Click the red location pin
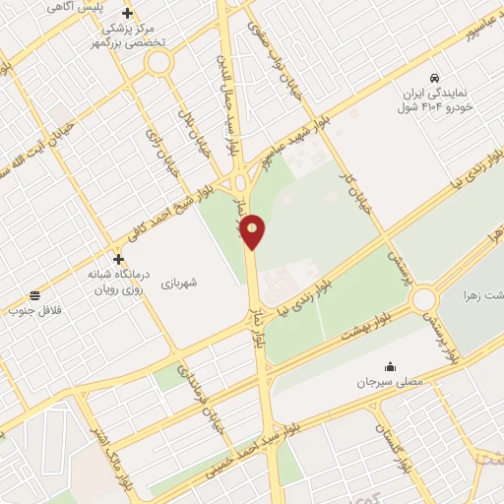pyautogui.click(x=253, y=231)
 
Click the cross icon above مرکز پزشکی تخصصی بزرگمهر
pyautogui.click(x=127, y=13)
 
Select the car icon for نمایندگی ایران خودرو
pyautogui.click(x=434, y=77)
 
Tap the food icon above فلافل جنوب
pyautogui.click(x=35, y=294)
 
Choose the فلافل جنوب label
pyautogui.click(x=35, y=311)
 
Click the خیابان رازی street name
pyautogui.click(x=162, y=153)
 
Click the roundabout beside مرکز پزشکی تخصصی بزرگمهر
pyautogui.click(x=157, y=62)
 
